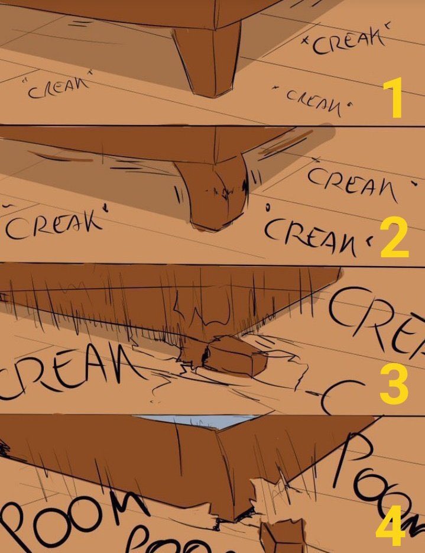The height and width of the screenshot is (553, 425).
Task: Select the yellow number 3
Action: [394, 385]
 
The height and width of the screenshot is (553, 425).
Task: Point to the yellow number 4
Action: [390, 529]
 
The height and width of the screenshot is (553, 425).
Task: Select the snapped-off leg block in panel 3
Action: [236, 357]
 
